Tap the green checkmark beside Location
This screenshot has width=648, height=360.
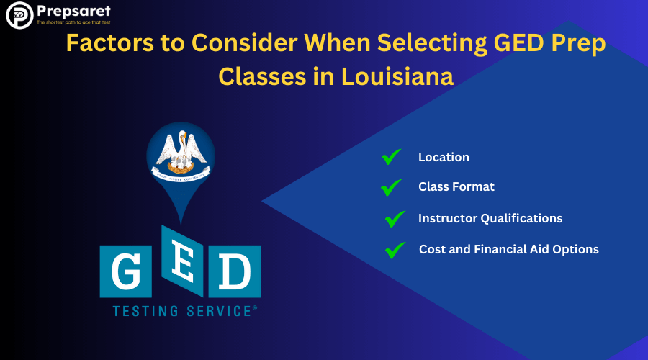point(391,157)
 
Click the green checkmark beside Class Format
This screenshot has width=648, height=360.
point(391,187)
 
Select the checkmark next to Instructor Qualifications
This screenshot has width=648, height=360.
point(395,218)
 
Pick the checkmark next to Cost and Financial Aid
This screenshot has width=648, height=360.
point(395,250)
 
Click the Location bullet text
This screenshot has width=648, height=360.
point(444,157)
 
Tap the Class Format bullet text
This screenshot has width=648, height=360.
point(456,187)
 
